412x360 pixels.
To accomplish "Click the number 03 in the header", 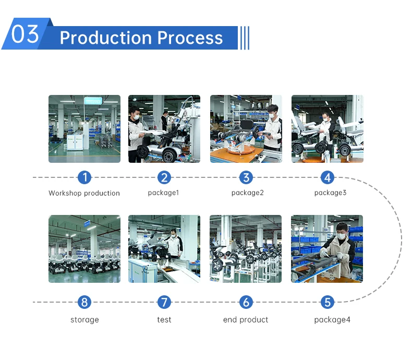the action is click(x=25, y=34).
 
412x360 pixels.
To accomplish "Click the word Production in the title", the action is click(x=105, y=38).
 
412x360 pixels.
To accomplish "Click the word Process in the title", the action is click(x=190, y=38).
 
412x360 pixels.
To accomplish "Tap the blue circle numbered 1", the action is click(x=84, y=177).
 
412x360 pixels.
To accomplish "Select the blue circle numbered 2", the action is click(x=164, y=177).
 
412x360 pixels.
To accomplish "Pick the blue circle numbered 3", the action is click(x=246, y=177).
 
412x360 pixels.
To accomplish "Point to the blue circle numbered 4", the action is click(x=328, y=177).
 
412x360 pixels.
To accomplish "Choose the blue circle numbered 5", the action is click(x=328, y=302).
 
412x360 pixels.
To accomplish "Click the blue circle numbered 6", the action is click(x=246, y=302).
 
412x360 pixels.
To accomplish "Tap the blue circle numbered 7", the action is click(x=164, y=302).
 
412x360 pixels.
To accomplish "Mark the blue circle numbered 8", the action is click(x=84, y=302).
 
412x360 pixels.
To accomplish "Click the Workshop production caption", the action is click(x=84, y=193).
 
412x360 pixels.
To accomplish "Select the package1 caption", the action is click(x=164, y=193).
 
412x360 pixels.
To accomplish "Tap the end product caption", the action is click(x=246, y=319).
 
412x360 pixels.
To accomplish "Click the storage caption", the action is click(x=84, y=319).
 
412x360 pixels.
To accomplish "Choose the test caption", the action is click(x=164, y=319).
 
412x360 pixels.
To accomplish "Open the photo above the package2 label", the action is click(x=246, y=129).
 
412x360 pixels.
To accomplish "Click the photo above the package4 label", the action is click(x=327, y=249).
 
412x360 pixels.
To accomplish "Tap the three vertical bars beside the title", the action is click(x=244, y=38).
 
